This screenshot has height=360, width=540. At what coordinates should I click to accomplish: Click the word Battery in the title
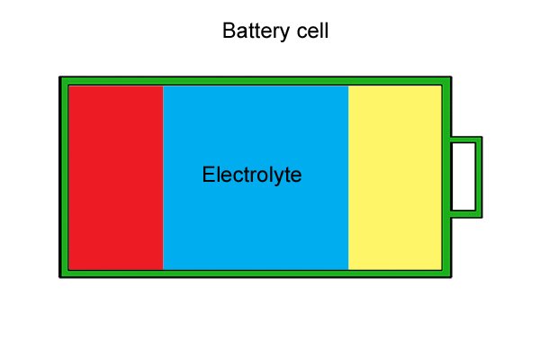coord(256,31)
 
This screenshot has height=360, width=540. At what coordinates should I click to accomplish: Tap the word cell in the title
coord(312,31)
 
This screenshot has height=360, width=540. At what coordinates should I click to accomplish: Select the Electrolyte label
coord(252,175)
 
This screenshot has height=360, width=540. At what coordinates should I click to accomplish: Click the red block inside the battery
coord(116,178)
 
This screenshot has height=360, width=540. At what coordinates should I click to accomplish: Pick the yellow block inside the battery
coord(395,178)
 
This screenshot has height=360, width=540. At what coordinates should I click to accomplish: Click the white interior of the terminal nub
coord(463,176)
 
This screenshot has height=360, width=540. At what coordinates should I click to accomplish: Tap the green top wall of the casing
coord(256,81)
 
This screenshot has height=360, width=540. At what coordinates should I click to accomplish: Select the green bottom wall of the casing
coord(256,274)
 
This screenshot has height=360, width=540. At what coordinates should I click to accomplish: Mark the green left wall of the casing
coord(64,177)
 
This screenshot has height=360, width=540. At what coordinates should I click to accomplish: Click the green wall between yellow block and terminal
coord(446,177)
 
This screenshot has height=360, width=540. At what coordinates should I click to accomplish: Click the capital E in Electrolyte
coord(208,175)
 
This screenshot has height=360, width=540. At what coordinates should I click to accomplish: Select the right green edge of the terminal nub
coord(479,177)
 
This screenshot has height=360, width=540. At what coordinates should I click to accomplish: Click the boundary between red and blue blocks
coord(163,178)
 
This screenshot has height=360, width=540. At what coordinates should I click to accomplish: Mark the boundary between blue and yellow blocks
coord(348,178)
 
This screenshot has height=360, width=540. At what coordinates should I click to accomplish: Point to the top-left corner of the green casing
coord(59,76)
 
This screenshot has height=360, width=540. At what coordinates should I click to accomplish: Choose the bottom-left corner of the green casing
coord(59,278)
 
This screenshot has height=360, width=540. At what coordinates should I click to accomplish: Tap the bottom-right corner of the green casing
coord(452,278)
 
